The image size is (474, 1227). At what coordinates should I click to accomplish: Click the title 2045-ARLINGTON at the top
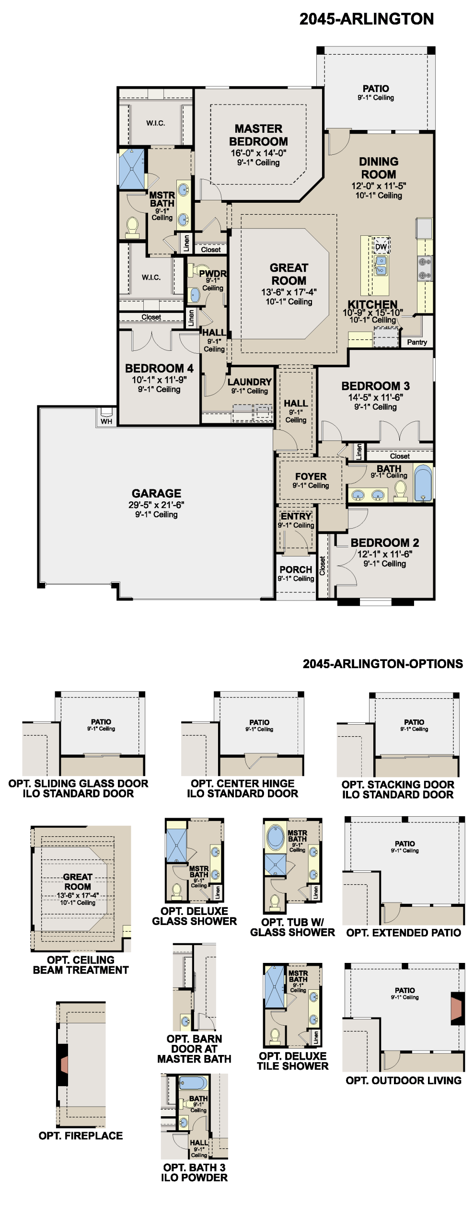(367, 19)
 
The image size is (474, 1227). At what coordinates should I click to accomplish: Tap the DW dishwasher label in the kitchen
(381, 247)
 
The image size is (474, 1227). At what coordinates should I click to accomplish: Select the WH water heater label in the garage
(106, 421)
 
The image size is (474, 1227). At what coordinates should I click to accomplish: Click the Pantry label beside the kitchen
(417, 342)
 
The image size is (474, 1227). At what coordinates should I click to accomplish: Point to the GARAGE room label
(157, 493)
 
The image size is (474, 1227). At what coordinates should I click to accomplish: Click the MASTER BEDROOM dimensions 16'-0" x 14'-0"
(258, 153)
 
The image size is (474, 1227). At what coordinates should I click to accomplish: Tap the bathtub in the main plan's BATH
(423, 482)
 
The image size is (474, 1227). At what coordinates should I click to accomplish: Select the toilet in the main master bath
(132, 227)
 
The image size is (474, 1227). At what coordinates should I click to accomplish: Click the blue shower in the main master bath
(132, 169)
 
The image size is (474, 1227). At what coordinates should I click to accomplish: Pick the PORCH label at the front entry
(296, 569)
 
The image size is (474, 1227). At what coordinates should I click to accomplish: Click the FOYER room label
(311, 476)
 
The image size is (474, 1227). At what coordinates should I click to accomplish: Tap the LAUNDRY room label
(250, 382)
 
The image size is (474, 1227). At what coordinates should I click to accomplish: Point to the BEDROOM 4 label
(159, 368)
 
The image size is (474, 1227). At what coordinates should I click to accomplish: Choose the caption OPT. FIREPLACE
(81, 1135)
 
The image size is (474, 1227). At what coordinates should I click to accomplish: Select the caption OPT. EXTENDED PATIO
(404, 932)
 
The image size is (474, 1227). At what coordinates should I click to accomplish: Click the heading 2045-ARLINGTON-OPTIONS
(383, 664)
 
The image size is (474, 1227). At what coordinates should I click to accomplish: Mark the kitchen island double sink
(381, 266)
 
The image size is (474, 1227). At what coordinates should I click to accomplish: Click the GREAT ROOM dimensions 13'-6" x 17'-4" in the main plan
(289, 292)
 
